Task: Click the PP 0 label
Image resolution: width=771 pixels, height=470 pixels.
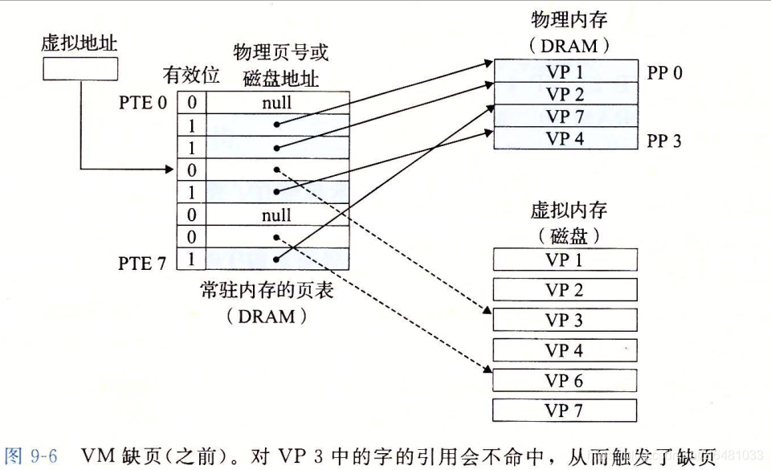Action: pos(664,74)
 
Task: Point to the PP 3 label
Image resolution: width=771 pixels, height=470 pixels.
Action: pos(664,141)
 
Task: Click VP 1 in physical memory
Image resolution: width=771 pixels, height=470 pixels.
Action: pos(565,72)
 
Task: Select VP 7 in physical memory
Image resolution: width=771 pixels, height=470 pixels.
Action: pos(565,116)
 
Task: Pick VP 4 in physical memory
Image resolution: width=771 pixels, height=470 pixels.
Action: pos(565,138)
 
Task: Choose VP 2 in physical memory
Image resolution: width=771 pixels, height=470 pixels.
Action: pos(565,94)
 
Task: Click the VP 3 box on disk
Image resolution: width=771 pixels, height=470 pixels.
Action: pos(565,320)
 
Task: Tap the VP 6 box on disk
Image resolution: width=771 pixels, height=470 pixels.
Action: pos(565,381)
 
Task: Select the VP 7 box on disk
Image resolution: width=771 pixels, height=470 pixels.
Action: pos(565,411)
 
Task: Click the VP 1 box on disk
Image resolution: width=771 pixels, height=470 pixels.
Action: pos(565,260)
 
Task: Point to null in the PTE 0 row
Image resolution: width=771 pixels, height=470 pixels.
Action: pos(276,103)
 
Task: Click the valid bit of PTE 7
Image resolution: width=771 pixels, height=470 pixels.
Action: pos(192,260)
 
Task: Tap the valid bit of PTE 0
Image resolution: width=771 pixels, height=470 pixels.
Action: pos(192,103)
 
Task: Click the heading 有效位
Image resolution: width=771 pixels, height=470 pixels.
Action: pos(191,76)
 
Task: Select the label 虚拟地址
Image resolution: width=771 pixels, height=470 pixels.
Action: pos(73,43)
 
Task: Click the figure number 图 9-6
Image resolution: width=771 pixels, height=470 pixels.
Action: pos(31,457)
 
